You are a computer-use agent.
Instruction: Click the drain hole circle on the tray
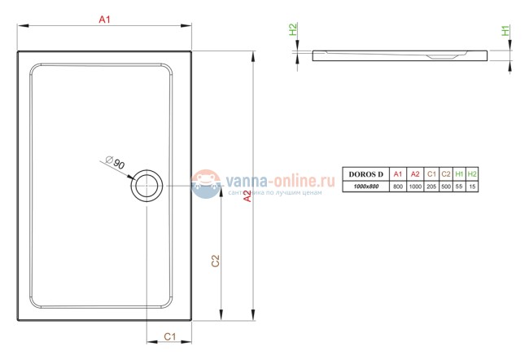pos(147,186)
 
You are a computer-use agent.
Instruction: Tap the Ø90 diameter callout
pos(116,164)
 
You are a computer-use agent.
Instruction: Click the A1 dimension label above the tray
pos(105,19)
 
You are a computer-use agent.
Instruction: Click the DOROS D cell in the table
pos(365,174)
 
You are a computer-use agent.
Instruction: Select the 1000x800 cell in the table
pos(365,187)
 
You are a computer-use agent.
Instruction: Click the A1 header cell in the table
pos(398,174)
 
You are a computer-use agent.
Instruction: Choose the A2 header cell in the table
pos(416,174)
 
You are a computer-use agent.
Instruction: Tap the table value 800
pos(398,187)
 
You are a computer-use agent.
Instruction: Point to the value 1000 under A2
pos(416,187)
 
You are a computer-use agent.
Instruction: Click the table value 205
pos(432,187)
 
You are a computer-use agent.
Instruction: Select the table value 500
pos(446,187)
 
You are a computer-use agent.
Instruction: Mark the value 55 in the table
pos(459,187)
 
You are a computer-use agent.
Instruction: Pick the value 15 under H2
pos(472,187)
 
